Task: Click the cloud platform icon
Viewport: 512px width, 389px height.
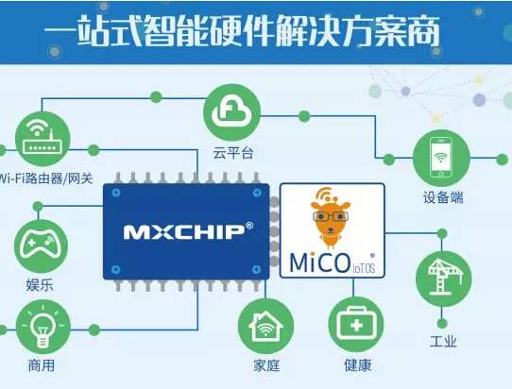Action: [x=231, y=112]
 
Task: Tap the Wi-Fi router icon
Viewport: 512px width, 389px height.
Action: [x=43, y=139]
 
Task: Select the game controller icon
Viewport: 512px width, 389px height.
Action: [x=42, y=246]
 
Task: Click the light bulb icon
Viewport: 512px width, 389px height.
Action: [x=43, y=327]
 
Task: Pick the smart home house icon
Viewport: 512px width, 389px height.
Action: [x=265, y=326]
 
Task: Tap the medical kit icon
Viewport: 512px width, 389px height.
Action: [x=356, y=325]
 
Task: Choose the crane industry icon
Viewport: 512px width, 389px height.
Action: [x=443, y=279]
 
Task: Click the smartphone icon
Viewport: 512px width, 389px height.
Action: [x=441, y=158]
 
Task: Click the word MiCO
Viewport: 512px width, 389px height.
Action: [x=320, y=262]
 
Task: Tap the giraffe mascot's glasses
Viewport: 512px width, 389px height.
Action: [x=331, y=216]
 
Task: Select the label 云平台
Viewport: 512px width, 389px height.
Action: [x=232, y=153]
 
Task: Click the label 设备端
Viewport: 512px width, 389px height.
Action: [x=443, y=197]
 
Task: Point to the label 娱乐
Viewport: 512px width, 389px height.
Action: [x=40, y=285]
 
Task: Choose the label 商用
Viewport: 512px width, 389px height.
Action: [x=42, y=365]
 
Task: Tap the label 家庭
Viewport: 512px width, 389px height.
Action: [x=266, y=365]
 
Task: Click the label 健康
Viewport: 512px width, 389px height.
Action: [x=358, y=364]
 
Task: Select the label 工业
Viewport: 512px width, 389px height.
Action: [x=443, y=342]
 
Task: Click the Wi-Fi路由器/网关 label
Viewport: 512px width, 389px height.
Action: [x=45, y=178]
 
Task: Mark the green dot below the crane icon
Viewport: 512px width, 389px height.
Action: [x=442, y=324]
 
